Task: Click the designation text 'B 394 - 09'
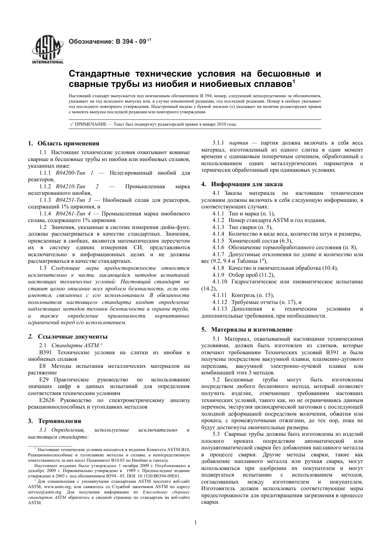point(131,41)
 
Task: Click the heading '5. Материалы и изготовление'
point(252,330)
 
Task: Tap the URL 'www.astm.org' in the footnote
point(51,486)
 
